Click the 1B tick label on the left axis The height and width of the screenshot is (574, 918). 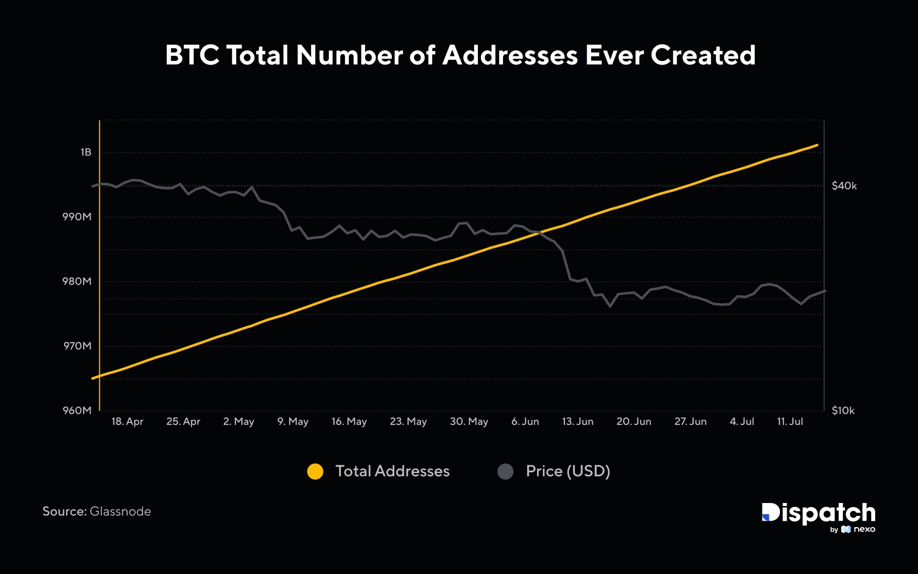click(86, 152)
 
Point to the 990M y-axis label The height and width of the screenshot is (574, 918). click(77, 217)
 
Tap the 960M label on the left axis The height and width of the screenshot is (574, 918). click(77, 410)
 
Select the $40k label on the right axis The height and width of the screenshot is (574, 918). click(844, 186)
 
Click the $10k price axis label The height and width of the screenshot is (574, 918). click(843, 410)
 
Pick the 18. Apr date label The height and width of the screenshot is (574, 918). click(127, 421)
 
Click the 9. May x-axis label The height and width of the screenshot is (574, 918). click(293, 421)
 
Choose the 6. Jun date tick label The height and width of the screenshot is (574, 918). click(525, 421)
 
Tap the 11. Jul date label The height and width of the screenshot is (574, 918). click(790, 421)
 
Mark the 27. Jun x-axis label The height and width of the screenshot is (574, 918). click(690, 421)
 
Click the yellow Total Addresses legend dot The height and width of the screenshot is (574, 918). click(315, 471)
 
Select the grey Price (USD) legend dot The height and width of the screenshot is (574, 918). click(505, 471)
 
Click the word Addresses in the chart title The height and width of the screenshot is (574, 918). click(510, 55)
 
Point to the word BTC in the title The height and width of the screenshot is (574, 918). click(192, 55)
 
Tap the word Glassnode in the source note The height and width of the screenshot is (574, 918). click(120, 512)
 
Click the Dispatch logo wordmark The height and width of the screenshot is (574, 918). click(818, 514)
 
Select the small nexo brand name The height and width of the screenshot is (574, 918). click(864, 529)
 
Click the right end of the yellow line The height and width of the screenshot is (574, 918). click(817, 145)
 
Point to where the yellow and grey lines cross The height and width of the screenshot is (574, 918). click(540, 232)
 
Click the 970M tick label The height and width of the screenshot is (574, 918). click(77, 346)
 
